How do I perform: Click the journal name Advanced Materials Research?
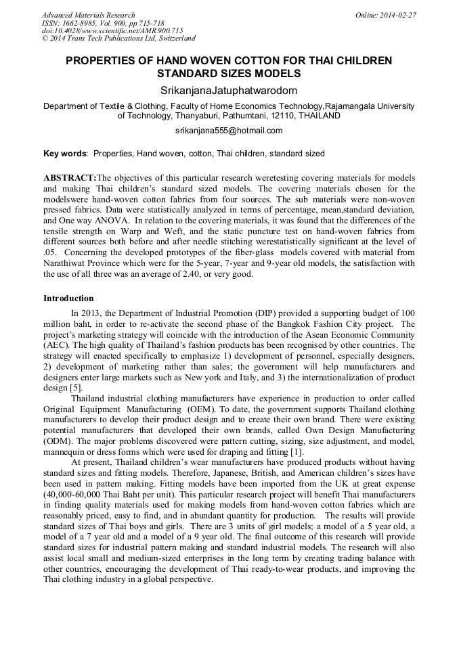click(88, 15)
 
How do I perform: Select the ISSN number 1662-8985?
click(80, 23)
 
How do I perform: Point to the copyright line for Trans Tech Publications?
click(118, 39)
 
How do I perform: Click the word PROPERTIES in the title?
click(100, 61)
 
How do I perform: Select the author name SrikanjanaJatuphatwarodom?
click(229, 90)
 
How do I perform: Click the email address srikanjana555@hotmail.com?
click(229, 131)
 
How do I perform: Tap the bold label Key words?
click(65, 154)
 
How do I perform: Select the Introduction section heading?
click(68, 298)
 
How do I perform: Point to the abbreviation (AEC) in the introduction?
click(57, 344)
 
